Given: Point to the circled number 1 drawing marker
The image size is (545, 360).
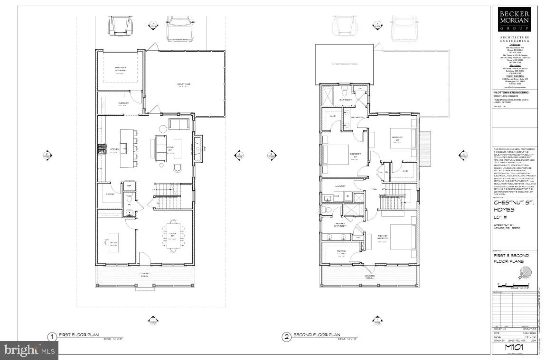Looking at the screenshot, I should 52,337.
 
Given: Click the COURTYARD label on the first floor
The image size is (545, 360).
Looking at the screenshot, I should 184,84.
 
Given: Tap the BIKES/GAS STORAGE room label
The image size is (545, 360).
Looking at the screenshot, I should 120,71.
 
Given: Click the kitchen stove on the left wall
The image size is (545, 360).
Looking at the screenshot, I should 101,149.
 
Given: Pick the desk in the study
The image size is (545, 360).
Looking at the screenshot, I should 113,242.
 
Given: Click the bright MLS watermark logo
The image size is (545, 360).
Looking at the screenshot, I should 29,351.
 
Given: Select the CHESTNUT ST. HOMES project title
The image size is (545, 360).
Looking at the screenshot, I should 514,207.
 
